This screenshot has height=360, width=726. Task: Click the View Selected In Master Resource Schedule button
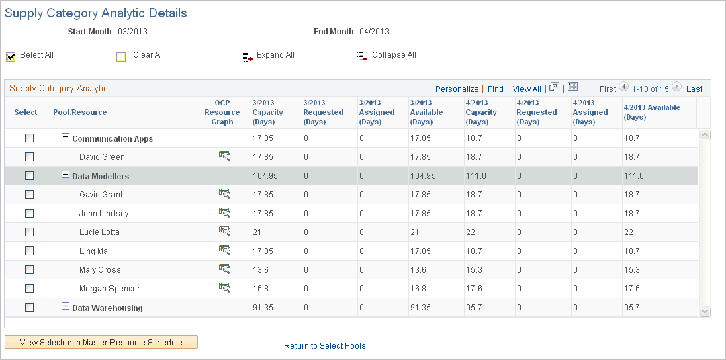tap(101, 342)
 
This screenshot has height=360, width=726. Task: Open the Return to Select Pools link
tap(324, 346)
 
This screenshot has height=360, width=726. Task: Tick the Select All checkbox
tap(11, 56)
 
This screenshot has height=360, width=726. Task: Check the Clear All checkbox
tap(121, 56)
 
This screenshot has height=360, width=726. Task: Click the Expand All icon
tap(246, 56)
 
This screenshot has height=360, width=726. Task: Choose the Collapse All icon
tap(362, 56)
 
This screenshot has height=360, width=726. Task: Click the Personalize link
tap(457, 89)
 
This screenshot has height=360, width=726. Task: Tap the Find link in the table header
tap(496, 89)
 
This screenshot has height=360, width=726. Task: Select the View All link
tap(527, 89)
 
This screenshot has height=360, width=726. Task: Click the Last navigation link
tap(694, 89)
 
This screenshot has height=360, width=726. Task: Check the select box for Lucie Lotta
tap(29, 232)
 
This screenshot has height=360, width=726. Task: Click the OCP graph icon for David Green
tap(224, 156)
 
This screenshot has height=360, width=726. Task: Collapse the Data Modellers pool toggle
tap(66, 175)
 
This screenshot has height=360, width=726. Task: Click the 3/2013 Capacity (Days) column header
tap(268, 112)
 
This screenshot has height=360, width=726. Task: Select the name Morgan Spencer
tap(109, 289)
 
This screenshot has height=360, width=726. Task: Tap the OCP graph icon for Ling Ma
tap(224, 250)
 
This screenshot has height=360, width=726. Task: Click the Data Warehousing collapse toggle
tap(66, 306)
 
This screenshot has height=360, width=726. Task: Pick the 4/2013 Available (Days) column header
tap(651, 112)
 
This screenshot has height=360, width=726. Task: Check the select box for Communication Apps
tap(29, 138)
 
